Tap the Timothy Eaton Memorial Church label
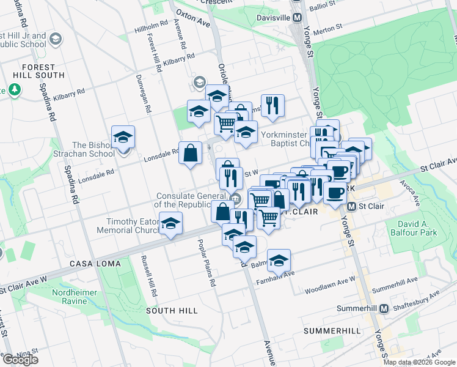pos(129,226)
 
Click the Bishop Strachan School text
pos(93,149)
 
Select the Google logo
pos(20,360)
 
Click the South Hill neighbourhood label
pos(172,311)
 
